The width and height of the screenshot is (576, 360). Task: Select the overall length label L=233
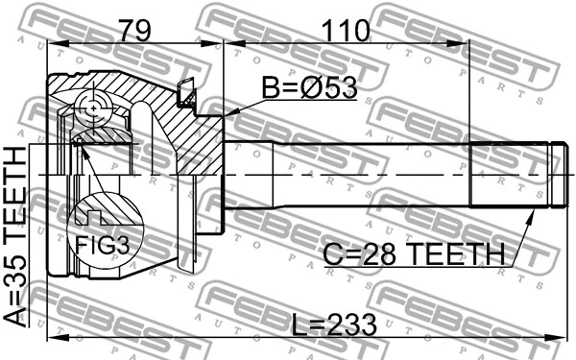tap(333, 322)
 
